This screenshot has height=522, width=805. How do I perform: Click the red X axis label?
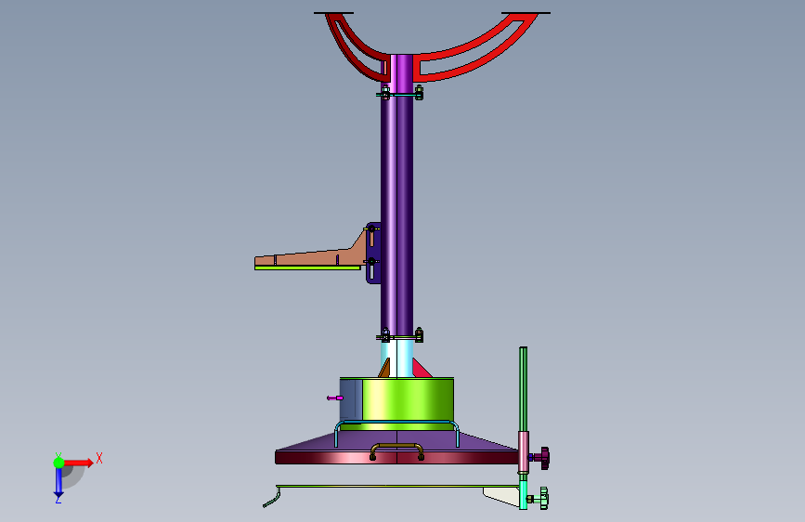point(99,458)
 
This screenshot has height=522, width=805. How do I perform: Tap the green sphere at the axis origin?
point(59,463)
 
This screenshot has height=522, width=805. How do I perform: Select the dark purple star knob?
point(541,458)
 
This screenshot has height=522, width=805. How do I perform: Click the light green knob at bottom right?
point(540,499)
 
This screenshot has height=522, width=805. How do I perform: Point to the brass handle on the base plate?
point(396,450)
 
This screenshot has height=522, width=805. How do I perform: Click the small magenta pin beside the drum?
point(335,398)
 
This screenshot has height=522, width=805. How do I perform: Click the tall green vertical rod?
point(523,389)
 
